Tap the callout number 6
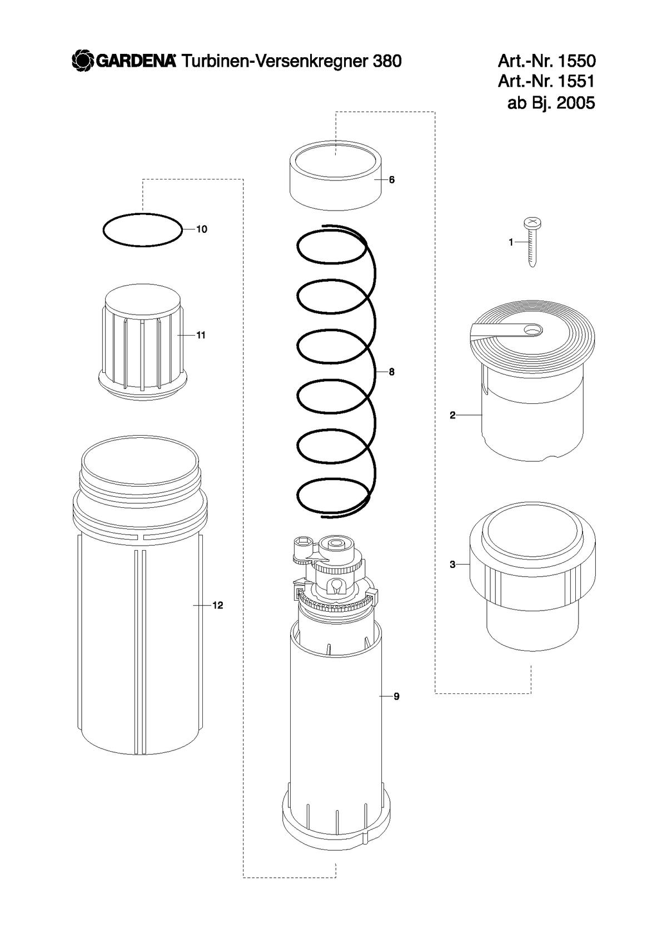[391, 179]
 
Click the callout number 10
[201, 229]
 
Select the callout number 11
[201, 335]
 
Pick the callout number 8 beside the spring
[391, 372]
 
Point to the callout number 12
[218, 606]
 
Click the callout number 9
[396, 697]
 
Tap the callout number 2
[452, 415]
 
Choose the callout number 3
[452, 565]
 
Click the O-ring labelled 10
[103, 230]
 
